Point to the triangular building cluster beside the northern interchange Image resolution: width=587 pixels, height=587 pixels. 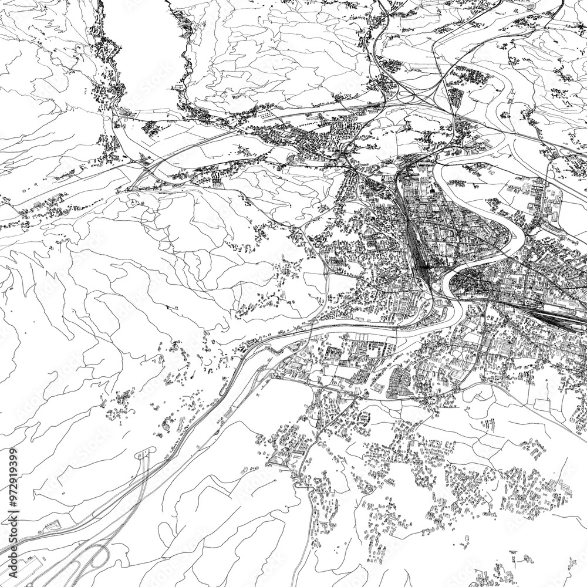[455, 94]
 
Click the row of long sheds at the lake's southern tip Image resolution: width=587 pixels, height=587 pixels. [126, 112]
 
